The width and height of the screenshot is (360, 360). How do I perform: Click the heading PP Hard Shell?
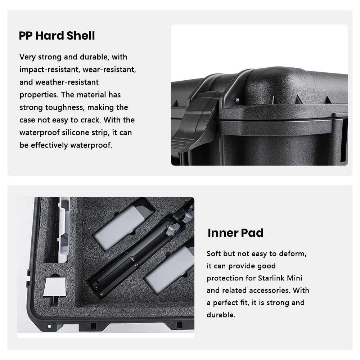[x=57, y=36]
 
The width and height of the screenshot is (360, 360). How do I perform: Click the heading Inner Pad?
[x=235, y=233]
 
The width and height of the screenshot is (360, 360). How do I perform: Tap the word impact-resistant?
[x=49, y=69]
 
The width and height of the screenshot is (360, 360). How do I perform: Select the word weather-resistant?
[x=67, y=82]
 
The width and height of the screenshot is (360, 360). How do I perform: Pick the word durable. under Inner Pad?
[x=221, y=315]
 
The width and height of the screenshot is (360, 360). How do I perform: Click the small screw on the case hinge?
[x=237, y=100]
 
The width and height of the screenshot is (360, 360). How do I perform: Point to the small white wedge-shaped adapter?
[x=55, y=287]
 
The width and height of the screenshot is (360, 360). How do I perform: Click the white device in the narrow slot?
[x=63, y=230]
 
